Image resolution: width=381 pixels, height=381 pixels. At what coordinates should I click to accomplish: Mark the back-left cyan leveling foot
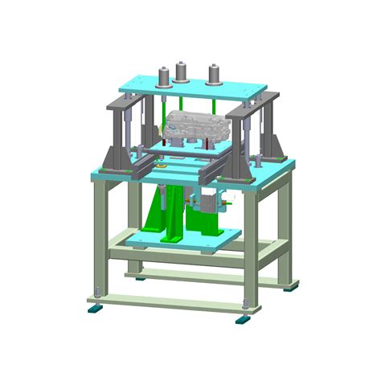point(141,278)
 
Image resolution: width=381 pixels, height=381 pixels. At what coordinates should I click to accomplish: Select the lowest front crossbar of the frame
point(169,301)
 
